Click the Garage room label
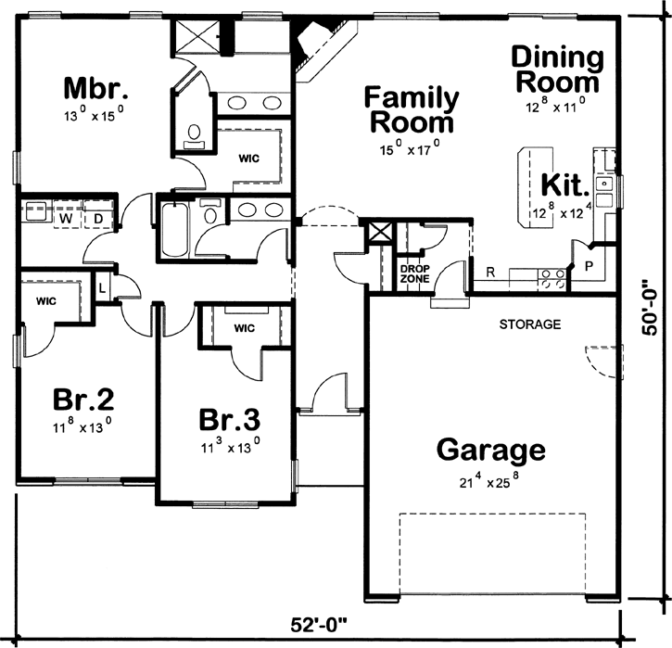tap(490, 451)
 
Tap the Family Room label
tap(411, 109)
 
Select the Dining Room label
tap(556, 70)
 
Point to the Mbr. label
tap(95, 89)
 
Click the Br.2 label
tap(82, 400)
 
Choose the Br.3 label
tap(229, 419)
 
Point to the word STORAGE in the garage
tap(530, 324)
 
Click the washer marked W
tap(65, 218)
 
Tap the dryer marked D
tap(98, 218)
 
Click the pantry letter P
tap(589, 265)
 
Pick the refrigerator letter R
tap(489, 274)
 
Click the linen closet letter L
tap(102, 287)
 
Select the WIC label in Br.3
tap(244, 328)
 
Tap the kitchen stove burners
tap(553, 280)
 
